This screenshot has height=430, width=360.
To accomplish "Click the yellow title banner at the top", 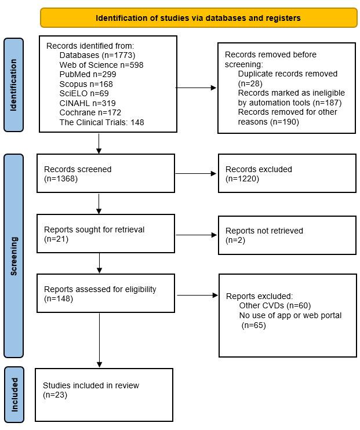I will pos(198,18).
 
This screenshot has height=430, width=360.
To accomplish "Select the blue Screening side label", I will pos(14,255).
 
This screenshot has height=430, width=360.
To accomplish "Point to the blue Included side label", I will pos(14,394).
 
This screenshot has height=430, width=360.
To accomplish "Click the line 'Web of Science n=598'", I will pos(101,65).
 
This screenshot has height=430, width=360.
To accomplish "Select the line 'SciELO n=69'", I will pos(84,93).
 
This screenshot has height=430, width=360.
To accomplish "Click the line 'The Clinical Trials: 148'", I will pos(101,122).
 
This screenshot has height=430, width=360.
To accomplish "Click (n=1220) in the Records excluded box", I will pos(242,179).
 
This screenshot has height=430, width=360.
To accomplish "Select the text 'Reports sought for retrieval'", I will pos(94,229).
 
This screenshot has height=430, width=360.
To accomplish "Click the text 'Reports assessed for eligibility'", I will pos(100,289).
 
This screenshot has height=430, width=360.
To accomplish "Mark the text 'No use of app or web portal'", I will pos(290,315).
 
